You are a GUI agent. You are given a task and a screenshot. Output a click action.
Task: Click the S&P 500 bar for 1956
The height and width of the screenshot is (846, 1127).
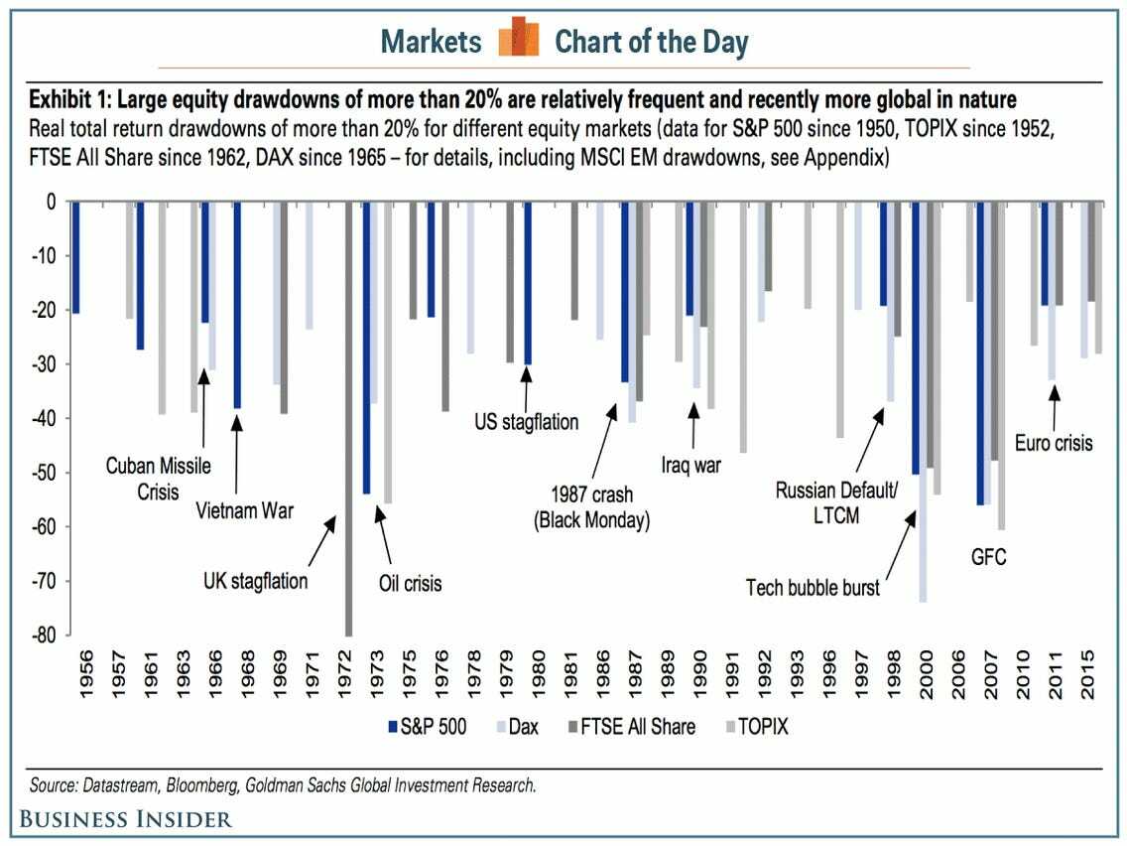75,256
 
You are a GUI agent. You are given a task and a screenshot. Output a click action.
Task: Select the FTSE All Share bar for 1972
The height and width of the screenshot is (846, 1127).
349,417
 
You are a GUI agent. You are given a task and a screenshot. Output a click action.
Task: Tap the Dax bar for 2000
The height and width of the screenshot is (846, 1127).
924,401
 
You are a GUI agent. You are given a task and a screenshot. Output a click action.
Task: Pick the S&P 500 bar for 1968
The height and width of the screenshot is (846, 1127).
237,304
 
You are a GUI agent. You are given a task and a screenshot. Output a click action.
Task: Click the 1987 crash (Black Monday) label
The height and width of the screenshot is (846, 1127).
591,507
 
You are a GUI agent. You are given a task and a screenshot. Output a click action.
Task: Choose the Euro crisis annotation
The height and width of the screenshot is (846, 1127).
1054,442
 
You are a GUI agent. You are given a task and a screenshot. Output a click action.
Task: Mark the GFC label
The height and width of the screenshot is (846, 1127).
988,557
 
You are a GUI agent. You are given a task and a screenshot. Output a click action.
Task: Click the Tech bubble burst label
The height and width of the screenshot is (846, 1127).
813,588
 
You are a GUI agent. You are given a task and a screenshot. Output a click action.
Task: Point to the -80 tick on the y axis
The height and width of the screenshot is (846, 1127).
43,634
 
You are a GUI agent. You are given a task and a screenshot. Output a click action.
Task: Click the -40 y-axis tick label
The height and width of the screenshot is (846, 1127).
43,418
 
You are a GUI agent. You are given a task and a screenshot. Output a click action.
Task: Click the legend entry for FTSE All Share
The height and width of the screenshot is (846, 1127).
631,727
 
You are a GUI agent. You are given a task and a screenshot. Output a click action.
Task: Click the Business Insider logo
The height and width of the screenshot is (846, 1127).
123,818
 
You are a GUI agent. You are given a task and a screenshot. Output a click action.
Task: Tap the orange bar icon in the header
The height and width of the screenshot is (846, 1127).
518,40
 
